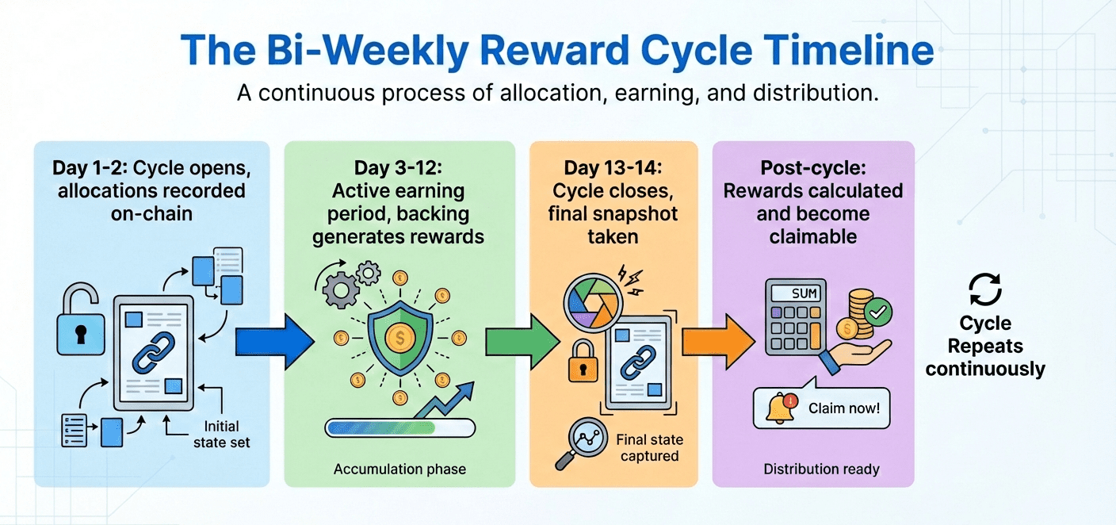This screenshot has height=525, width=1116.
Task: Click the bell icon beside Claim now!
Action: [x=780, y=408]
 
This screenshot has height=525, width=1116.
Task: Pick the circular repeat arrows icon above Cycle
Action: [x=985, y=290]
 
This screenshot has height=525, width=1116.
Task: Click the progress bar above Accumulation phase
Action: [x=399, y=428]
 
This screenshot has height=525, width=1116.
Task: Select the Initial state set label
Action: [x=222, y=434]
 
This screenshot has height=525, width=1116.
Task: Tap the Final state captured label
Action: [x=649, y=447]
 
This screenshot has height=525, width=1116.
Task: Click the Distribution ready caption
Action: [x=821, y=469]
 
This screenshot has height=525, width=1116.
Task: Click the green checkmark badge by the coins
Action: [x=878, y=312]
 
